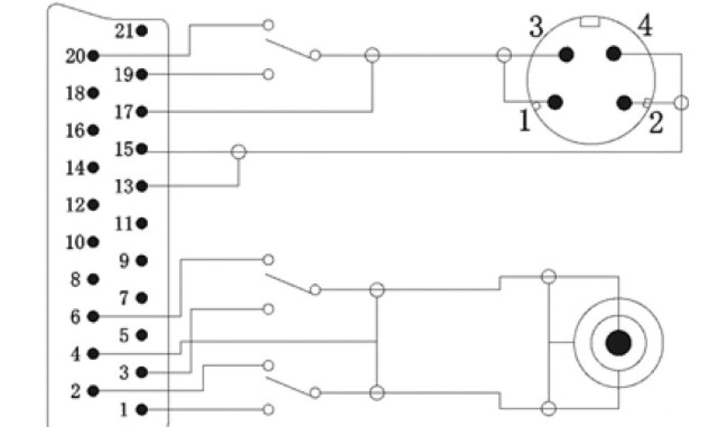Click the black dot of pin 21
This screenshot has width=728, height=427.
click(142, 31)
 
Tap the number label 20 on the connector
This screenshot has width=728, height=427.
click(75, 56)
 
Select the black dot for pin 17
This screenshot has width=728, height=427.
click(142, 112)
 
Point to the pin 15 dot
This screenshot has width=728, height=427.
click(142, 149)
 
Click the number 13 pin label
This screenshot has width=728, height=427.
click(124, 186)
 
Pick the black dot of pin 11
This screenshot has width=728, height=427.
click(142, 224)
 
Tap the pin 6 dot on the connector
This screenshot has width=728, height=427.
click(93, 317)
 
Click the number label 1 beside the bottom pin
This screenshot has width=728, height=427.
click(124, 410)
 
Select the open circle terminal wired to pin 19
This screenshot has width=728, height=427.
click(269, 74)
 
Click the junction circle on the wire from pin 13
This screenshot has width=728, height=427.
click(239, 152)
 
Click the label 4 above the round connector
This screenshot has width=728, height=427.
click(645, 27)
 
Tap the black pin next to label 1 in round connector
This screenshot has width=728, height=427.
click(556, 102)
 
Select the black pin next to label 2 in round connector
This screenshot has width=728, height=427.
click(624, 103)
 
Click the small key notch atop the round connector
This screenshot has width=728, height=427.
click(589, 21)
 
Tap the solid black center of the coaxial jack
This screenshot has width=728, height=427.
click(618, 343)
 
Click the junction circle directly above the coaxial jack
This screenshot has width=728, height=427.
click(548, 277)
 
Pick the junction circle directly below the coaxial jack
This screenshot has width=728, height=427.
click(548, 408)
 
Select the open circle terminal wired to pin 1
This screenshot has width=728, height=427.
click(269, 409)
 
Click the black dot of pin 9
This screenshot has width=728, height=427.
click(142, 261)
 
